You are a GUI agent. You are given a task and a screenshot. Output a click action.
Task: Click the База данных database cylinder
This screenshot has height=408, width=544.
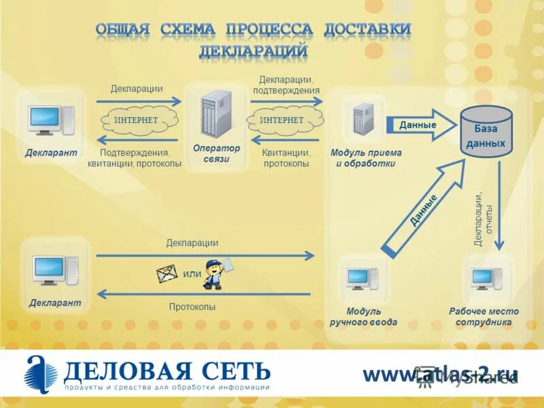pyautogui.click(x=485, y=132)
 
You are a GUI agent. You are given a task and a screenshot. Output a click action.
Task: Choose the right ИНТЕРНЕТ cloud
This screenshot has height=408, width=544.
pyautogui.click(x=282, y=120)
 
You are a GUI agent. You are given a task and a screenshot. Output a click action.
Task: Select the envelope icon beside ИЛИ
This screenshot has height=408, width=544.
pyautogui.click(x=167, y=273)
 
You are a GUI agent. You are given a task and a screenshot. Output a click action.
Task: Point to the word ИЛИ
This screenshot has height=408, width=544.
pyautogui.click(x=192, y=274)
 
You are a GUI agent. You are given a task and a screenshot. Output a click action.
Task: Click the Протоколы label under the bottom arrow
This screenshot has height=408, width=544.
pyautogui.click(x=192, y=307)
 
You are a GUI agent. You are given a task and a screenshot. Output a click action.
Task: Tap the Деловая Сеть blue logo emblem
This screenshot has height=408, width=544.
pyautogui.click(x=41, y=375)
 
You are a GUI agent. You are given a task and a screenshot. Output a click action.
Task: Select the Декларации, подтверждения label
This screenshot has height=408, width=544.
pyautogui.click(x=286, y=85)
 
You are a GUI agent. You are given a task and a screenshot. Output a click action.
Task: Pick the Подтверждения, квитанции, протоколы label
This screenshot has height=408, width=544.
pyautogui.click(x=135, y=158)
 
